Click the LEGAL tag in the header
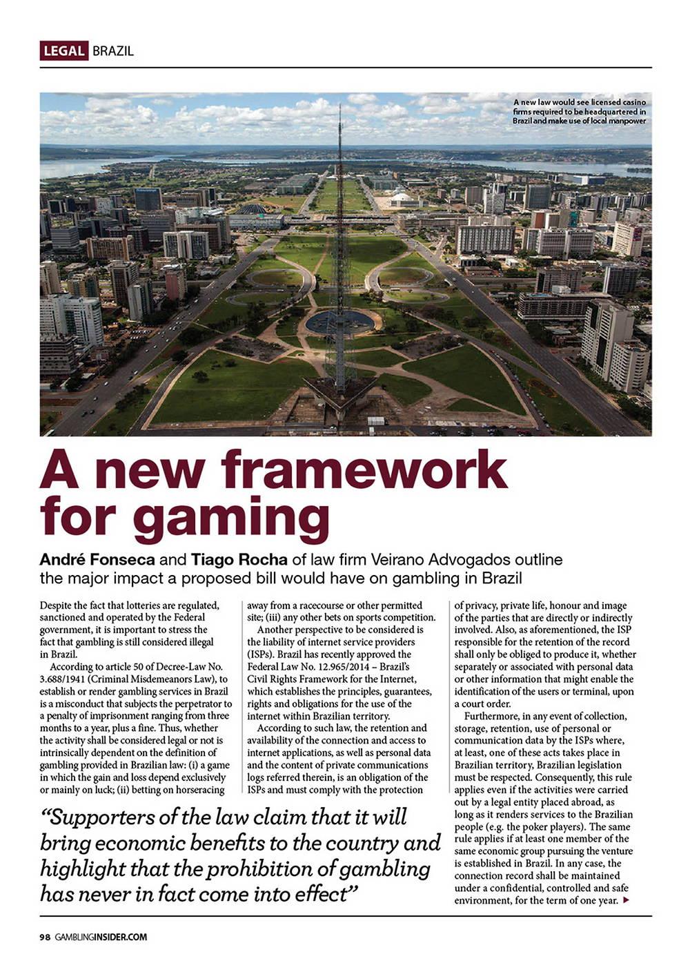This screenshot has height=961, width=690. (x=63, y=51)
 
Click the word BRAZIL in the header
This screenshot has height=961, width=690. (x=112, y=51)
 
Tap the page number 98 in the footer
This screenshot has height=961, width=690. (x=45, y=937)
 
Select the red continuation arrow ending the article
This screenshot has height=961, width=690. (x=626, y=900)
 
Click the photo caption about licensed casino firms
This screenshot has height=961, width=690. (x=579, y=111)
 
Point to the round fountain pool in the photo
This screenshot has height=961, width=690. (x=339, y=321)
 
